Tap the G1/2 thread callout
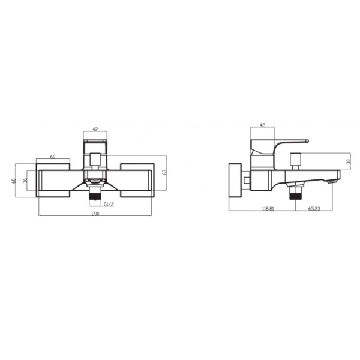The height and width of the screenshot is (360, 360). point(109,205)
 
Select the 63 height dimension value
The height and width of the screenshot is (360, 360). point(164,172)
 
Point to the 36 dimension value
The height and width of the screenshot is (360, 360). point(24,181)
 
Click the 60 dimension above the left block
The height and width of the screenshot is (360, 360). point(53,157)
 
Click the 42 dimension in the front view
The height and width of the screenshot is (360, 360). point(95,128)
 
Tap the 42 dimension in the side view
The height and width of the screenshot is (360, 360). point(262,125)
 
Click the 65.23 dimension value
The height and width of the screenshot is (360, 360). point(314,208)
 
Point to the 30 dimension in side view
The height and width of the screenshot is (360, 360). point(349,161)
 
